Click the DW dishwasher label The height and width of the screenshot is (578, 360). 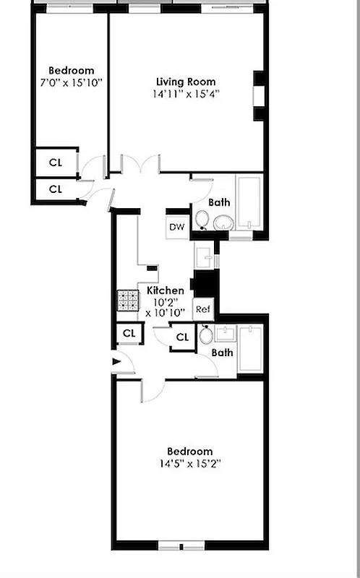point(177,227)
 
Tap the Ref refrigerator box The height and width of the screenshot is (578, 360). point(203,309)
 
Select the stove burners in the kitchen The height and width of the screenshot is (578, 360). point(127,300)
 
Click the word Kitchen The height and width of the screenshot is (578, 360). point(166,290)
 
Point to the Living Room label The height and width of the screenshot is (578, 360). point(186,82)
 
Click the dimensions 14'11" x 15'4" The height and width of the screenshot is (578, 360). point(186,94)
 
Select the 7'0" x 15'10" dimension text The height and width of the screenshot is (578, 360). point(71,82)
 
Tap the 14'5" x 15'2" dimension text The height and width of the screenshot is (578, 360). point(187,464)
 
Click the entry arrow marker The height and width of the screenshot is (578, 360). point(116,362)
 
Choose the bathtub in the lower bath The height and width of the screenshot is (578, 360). point(251,350)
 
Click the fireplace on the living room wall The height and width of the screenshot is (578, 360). point(259,95)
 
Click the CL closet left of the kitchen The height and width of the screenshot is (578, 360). point(129,333)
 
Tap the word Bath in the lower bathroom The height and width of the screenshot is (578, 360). point(223,353)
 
